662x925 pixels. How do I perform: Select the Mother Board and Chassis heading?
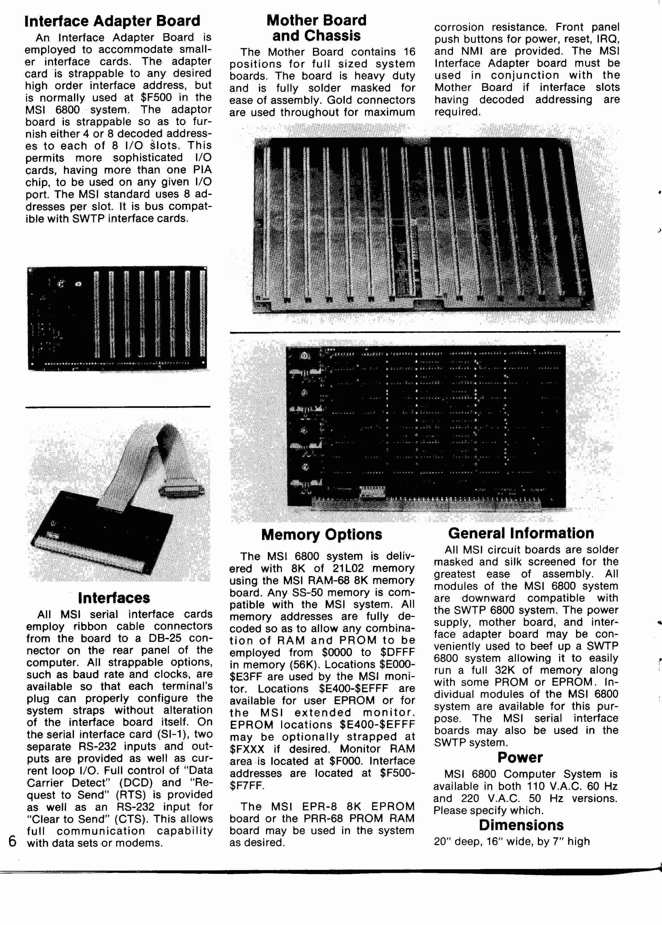coord(316,28)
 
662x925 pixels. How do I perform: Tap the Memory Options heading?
coord(322,534)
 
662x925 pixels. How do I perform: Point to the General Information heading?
coord(521,533)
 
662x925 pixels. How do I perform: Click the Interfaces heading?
coord(114,598)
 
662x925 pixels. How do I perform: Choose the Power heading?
coord(520,757)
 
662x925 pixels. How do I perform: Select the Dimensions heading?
coord(521,825)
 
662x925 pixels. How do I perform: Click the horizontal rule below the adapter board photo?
coord(118,407)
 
